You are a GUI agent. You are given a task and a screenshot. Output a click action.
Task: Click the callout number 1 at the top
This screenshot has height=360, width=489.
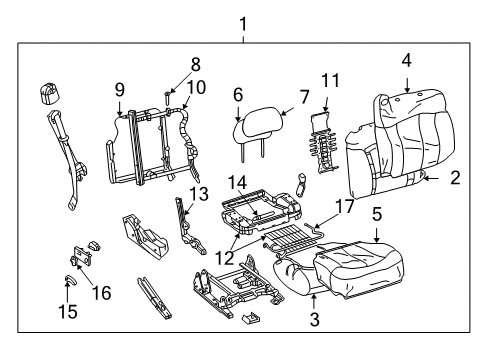click(x=242, y=22)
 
